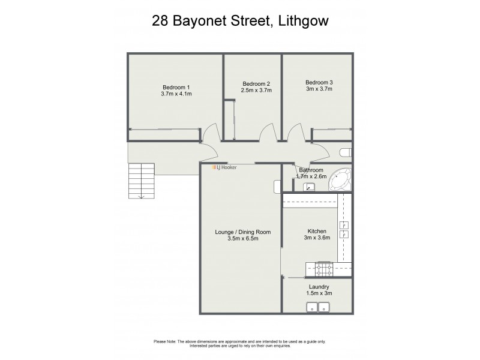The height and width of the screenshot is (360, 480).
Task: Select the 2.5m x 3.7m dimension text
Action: pos(256,91)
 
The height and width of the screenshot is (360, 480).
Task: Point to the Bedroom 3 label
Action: pos(319,82)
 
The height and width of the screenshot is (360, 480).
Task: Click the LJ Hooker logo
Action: pos(226,167)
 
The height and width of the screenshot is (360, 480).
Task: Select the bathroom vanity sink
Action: pos(308,187)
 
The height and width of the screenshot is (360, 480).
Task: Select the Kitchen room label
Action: pos(316,231)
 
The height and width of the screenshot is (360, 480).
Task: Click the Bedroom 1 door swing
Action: pos(208,133)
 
